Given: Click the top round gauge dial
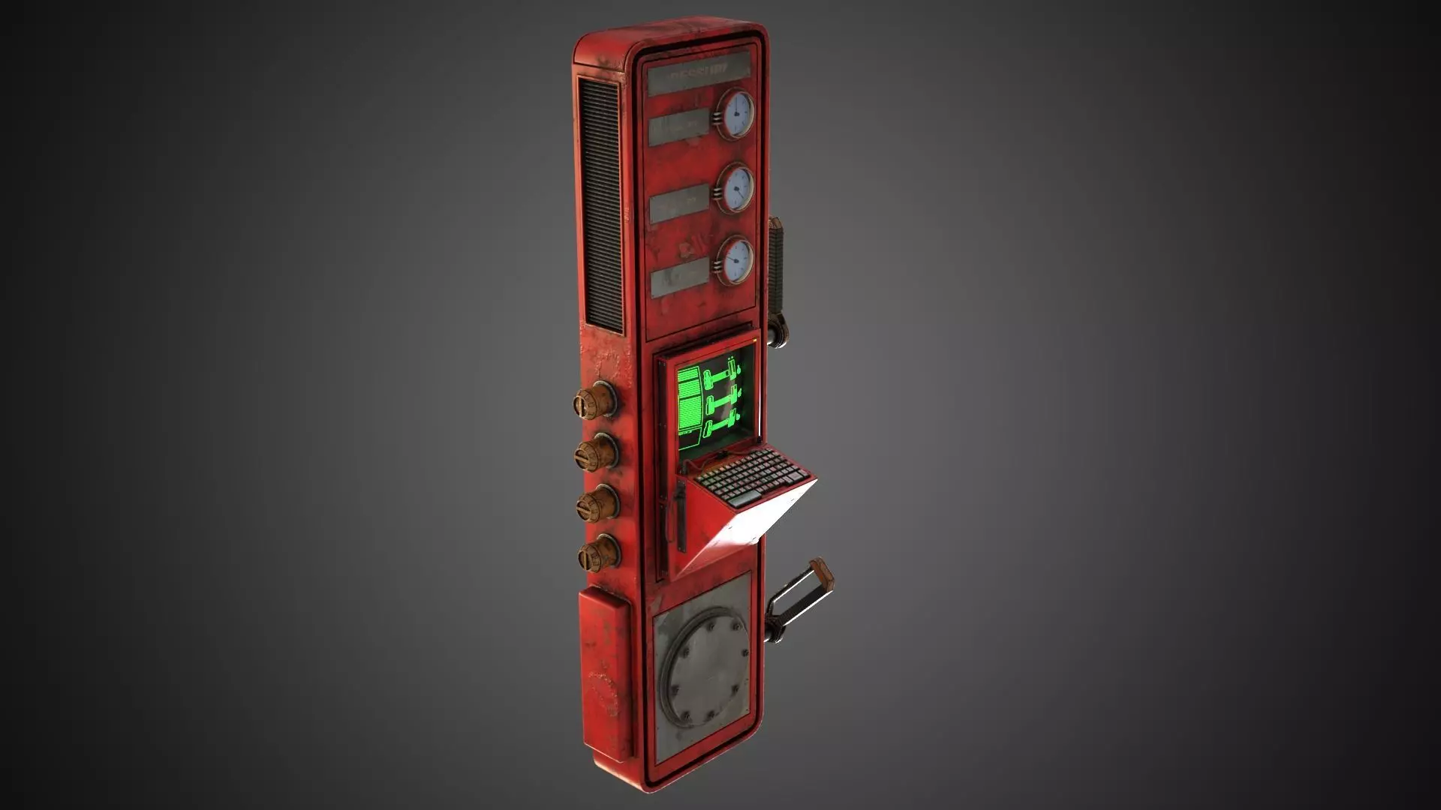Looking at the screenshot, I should (x=736, y=114).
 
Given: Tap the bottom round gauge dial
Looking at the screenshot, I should (x=736, y=260).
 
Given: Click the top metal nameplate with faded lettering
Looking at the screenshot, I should (x=699, y=76).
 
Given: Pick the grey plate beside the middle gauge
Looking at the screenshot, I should (x=680, y=202).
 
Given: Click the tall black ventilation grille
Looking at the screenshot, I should (x=600, y=206).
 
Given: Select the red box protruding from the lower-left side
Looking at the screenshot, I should (x=603, y=667).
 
